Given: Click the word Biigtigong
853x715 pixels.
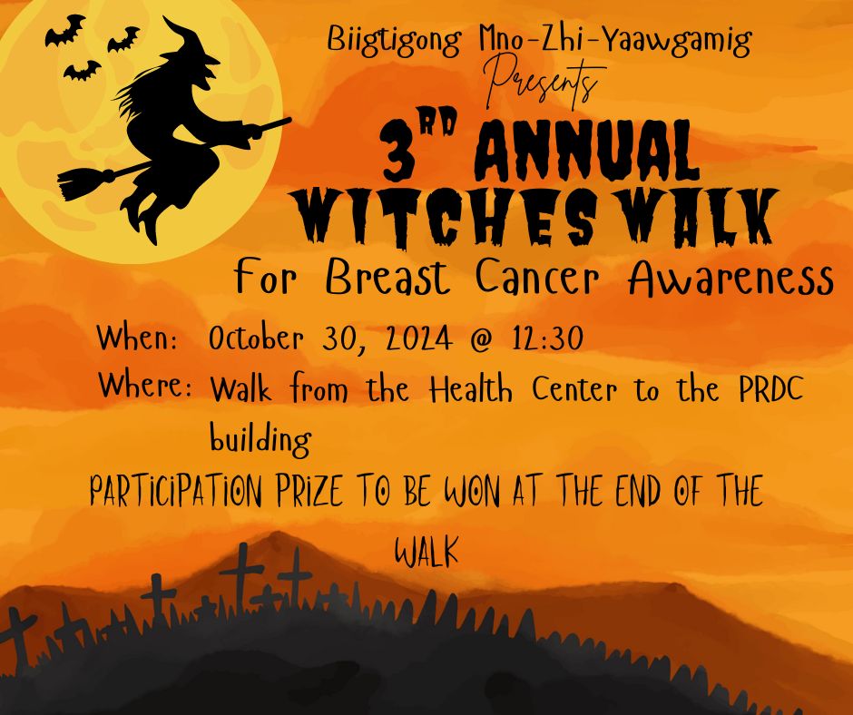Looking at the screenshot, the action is [x=395, y=41].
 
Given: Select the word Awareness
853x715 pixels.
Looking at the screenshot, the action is [x=730, y=279].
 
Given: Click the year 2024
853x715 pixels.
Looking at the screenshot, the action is [x=418, y=338].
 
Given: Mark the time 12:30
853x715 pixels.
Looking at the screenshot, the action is [x=547, y=338].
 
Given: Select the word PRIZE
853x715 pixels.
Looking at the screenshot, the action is [x=310, y=491].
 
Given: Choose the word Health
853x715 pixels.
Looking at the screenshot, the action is [x=471, y=389].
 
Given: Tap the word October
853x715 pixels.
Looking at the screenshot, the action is [x=256, y=338].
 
